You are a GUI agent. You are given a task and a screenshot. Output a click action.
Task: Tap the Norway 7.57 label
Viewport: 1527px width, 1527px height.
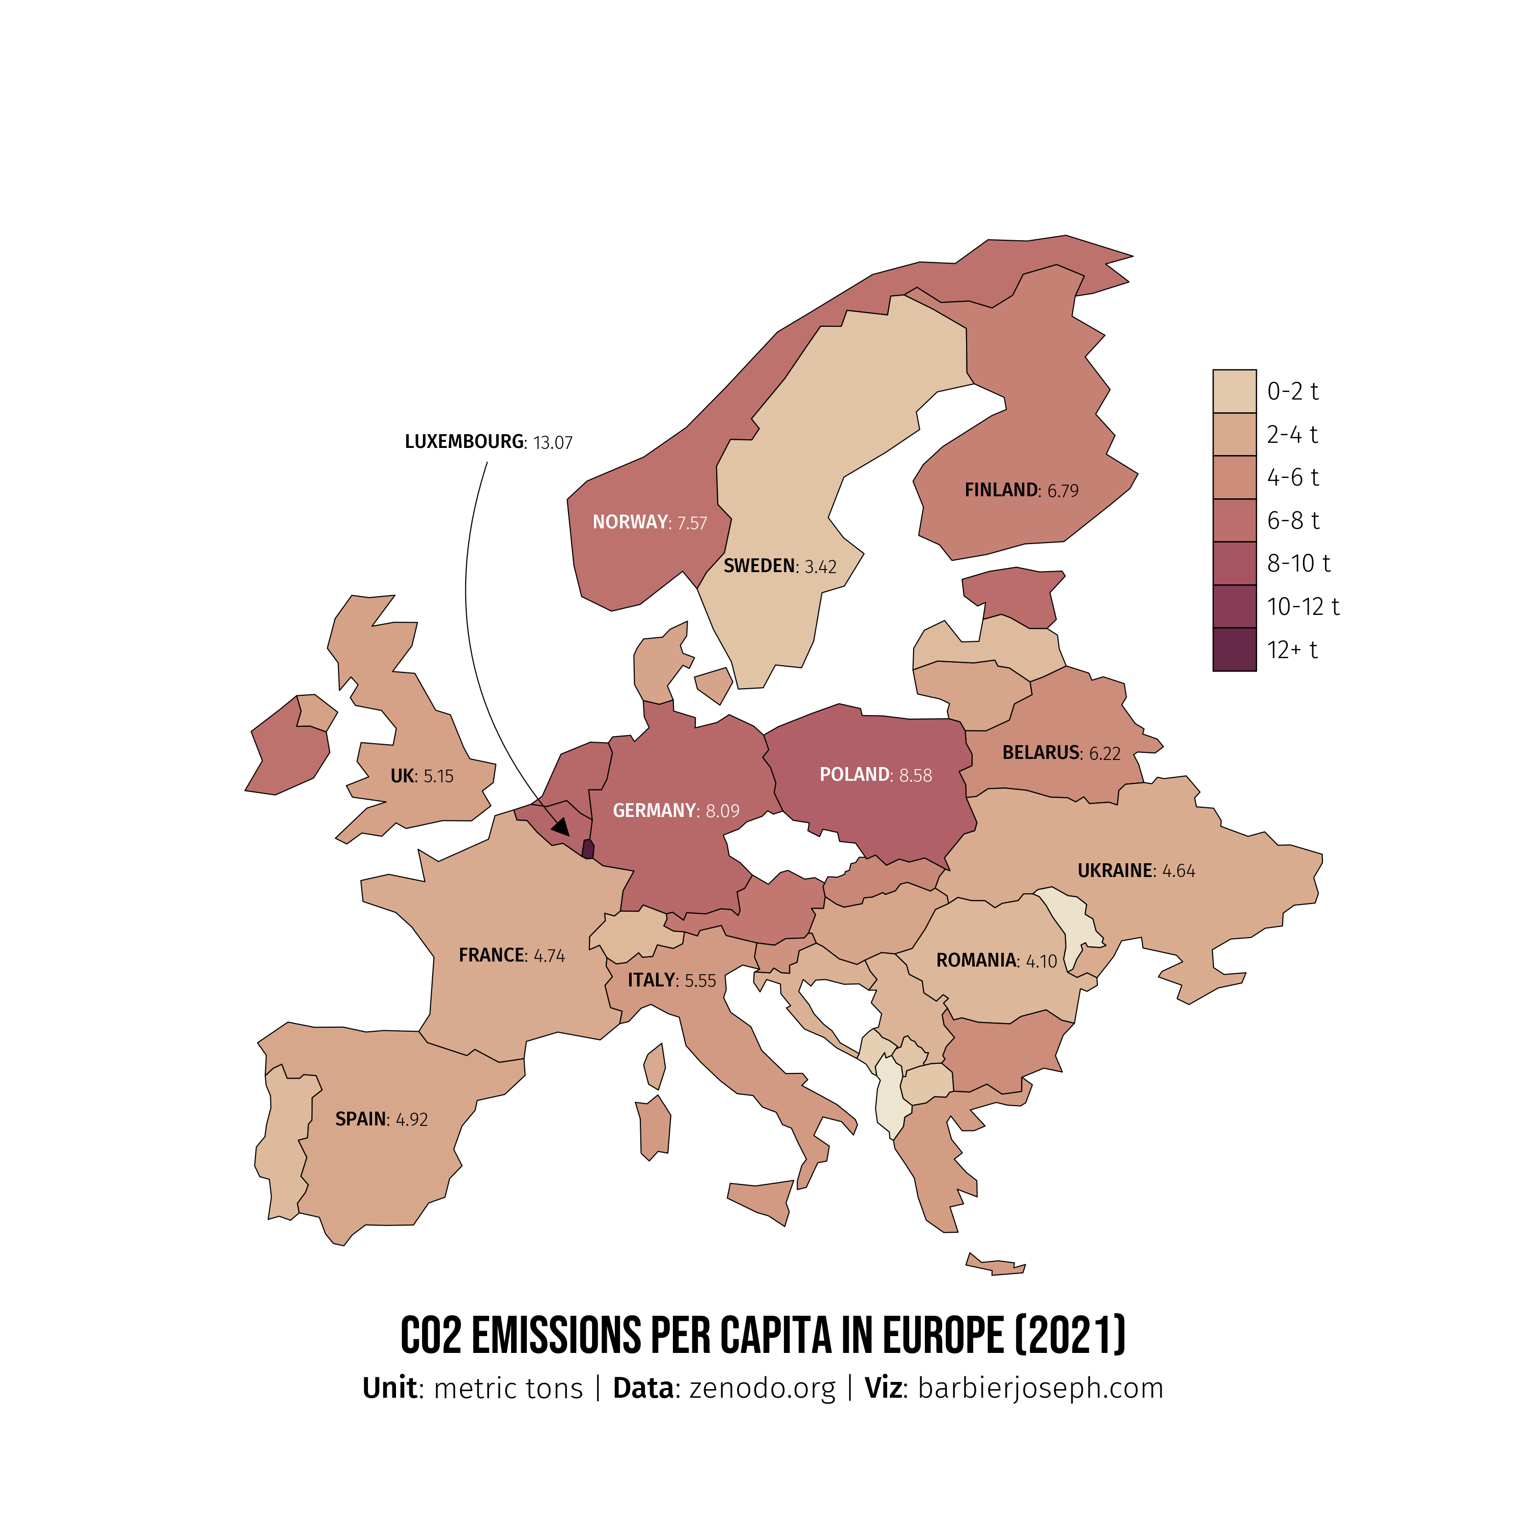pos(649,522)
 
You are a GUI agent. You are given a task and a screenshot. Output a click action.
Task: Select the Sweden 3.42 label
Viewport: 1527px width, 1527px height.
pos(779,567)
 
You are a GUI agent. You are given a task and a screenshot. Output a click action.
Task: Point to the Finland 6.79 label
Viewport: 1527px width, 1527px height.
pos(1021,491)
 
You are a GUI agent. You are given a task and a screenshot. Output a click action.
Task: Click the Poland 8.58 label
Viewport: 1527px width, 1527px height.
pos(875,775)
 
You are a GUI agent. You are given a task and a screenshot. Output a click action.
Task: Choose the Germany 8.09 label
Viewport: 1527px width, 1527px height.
pos(676,811)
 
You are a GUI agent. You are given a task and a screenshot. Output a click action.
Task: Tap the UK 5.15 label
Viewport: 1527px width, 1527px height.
pos(421,776)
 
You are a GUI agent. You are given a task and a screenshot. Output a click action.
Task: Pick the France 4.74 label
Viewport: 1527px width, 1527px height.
pos(512,955)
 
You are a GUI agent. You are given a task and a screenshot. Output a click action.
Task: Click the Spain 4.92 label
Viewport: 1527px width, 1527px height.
pos(381,1119)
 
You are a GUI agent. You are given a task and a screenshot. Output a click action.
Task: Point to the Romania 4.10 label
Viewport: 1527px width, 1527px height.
pos(996,961)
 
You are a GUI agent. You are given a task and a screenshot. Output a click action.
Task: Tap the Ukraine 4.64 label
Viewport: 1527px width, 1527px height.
pos(1136,871)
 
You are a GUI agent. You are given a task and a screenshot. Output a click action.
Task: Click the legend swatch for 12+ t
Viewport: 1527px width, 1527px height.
pos(1234,649)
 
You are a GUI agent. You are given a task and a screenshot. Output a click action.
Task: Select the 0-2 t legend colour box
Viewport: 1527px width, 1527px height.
pos(1234,390)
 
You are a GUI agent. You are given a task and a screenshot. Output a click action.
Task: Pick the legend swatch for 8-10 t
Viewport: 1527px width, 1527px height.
pos(1234,563)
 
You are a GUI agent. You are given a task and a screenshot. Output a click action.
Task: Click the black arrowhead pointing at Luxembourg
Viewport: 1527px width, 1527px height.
pos(561,827)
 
